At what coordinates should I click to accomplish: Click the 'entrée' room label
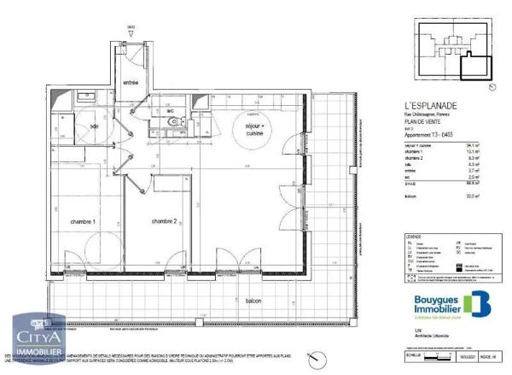coord(131,83)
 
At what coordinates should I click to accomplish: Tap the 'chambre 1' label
coord(83,221)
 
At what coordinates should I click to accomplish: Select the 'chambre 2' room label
coord(164,221)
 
